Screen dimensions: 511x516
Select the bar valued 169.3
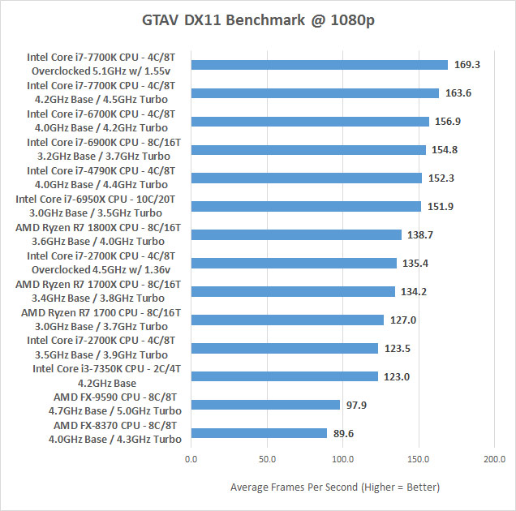pos(320,65)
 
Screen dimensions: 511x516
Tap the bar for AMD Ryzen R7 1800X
pos(296,235)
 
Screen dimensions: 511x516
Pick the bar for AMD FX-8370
pos(259,433)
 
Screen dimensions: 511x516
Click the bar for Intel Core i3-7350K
pos(285,376)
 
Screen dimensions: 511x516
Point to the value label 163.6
pos(458,93)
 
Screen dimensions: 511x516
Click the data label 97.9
pos(358,405)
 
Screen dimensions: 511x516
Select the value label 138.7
pos(421,235)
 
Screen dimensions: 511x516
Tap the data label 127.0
pos(403,320)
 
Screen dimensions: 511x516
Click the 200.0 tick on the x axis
pos(494,460)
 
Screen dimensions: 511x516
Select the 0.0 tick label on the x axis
pos(191,460)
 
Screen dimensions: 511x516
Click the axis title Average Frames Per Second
pos(335,487)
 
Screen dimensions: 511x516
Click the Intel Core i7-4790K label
pos(101,171)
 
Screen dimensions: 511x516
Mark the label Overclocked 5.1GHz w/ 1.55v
pos(103,71)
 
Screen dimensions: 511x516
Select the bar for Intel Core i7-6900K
pos(308,150)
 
